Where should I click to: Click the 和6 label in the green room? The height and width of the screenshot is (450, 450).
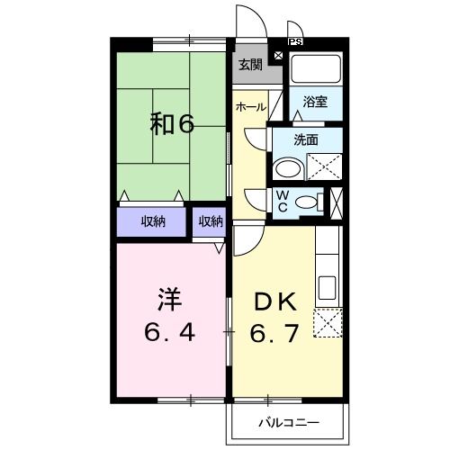pyautogui.click(x=172, y=124)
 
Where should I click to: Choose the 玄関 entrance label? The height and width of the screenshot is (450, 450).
pyautogui.click(x=251, y=64)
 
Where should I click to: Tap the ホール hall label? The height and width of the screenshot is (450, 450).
pyautogui.click(x=250, y=107)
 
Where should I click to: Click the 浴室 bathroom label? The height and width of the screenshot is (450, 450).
pyautogui.click(x=316, y=101)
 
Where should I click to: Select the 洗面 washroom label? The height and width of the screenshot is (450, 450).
pyautogui.click(x=306, y=139)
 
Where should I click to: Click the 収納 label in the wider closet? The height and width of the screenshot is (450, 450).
pyautogui.click(x=153, y=222)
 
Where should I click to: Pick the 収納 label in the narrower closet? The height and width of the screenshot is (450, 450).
pyautogui.click(x=211, y=222)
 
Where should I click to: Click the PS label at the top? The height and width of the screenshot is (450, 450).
pyautogui.click(x=295, y=41)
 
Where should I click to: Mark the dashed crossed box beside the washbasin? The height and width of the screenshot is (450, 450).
pyautogui.click(x=323, y=168)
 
